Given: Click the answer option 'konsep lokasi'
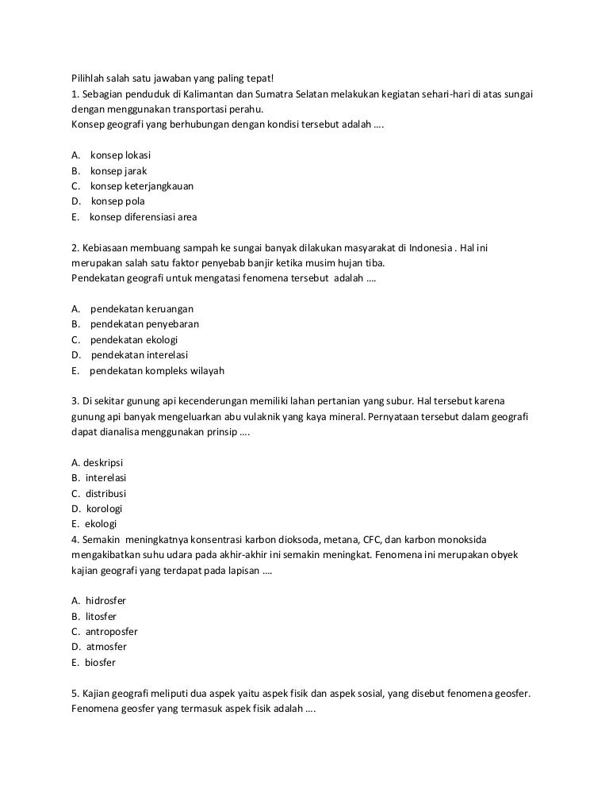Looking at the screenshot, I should point(121,155).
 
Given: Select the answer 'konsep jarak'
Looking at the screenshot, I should point(118,170).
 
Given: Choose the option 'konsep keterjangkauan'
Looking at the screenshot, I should point(142,186).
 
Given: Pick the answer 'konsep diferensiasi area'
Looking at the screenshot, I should point(143,216).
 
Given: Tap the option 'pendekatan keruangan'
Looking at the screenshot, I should point(142,308).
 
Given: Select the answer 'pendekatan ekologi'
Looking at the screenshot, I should point(134,339).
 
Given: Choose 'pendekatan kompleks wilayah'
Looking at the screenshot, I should point(157,370).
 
